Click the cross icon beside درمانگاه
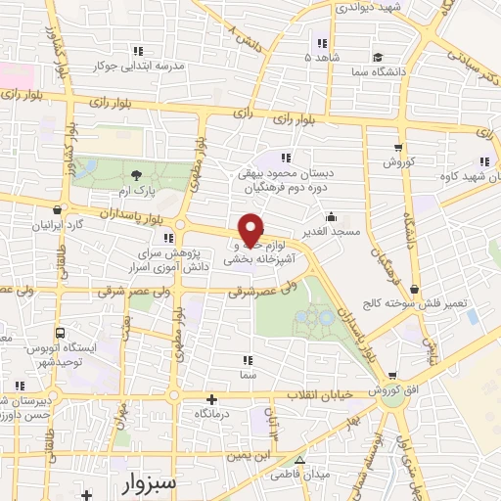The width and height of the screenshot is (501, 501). point(212,399)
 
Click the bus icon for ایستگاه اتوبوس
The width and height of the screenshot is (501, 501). point(62,334)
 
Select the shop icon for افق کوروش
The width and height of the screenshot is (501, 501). point(392,375)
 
